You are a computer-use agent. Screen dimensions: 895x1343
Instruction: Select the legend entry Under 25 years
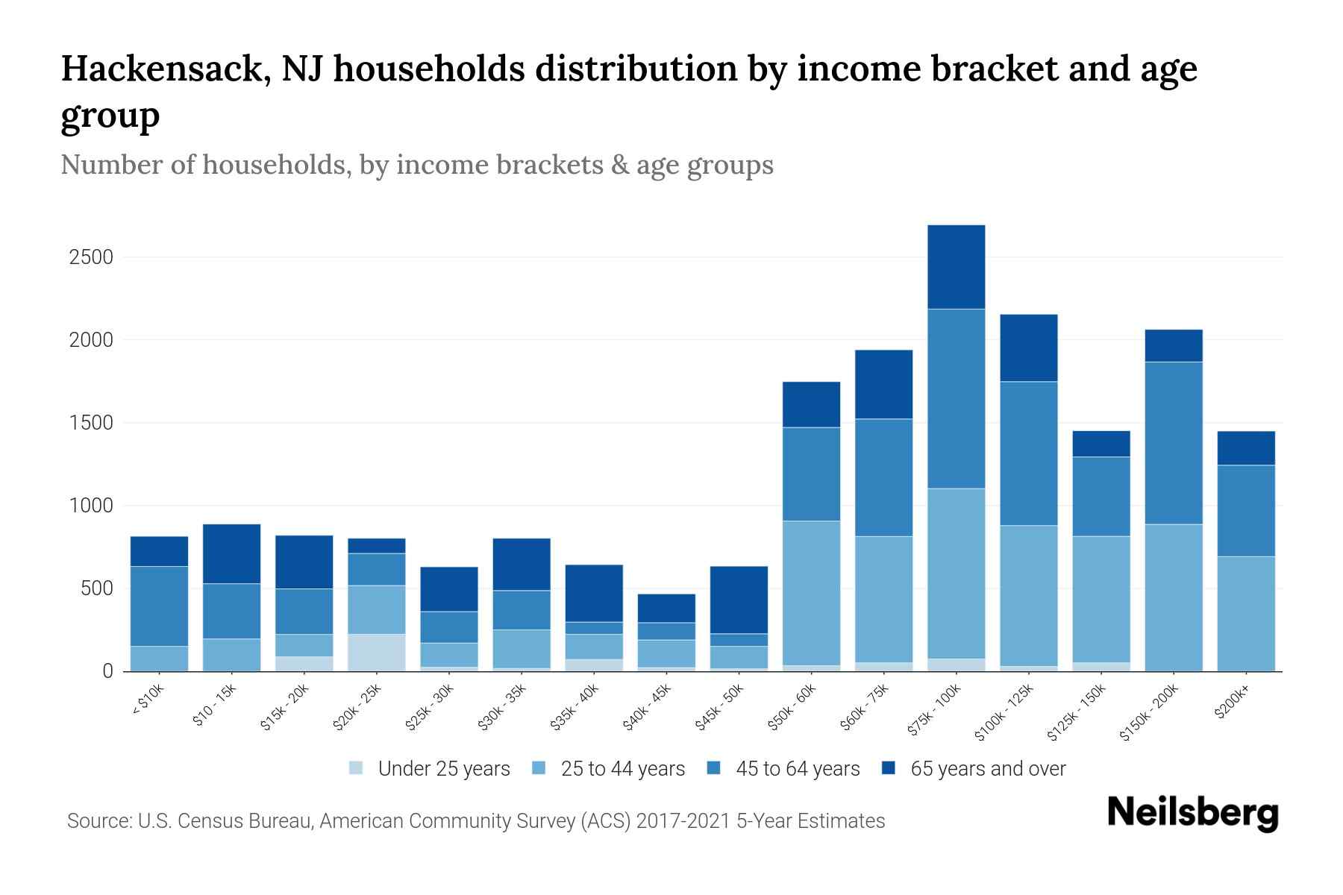443,769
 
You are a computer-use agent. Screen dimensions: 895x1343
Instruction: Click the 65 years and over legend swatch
889,768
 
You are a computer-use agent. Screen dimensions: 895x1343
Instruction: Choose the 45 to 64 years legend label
797,769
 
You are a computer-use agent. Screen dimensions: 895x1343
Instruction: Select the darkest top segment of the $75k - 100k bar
956,267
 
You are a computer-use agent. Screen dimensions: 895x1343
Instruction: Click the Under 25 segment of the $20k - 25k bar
377,653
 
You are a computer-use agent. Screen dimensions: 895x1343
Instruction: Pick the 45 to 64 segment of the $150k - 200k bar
1173,443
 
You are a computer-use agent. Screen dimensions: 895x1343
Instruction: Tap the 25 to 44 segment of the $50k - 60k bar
811,593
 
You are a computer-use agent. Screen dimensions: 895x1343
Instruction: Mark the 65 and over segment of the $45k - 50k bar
739,600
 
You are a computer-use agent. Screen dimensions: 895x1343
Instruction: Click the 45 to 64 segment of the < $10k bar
159,606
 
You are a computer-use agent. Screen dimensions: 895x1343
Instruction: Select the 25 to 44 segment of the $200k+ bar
1245,613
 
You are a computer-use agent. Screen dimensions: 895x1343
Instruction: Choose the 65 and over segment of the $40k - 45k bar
666,608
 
